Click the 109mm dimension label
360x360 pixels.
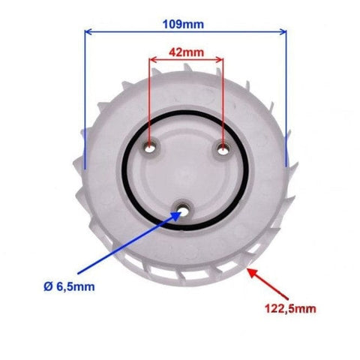coord(183,25)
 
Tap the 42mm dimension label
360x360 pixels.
coord(186,52)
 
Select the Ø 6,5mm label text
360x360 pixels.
coord(69,286)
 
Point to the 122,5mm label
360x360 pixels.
coord(290,309)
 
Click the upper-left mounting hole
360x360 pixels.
coord(150,148)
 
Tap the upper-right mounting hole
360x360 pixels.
coord(222,151)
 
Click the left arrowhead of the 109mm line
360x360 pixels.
coord(88,31)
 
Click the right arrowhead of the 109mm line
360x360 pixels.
coord(283,31)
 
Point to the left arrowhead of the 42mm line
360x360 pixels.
coord(152,60)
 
